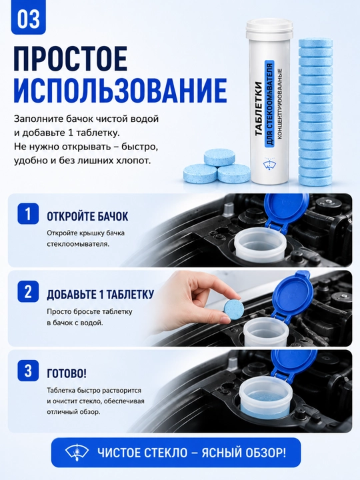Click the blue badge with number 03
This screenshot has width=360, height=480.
click(x=29, y=19)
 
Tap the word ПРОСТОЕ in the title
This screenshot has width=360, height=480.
click(x=70, y=59)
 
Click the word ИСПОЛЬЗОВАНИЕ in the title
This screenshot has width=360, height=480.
click(x=120, y=90)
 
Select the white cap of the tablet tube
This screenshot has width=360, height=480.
click(x=269, y=26)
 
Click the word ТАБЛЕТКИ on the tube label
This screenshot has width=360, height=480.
click(x=259, y=109)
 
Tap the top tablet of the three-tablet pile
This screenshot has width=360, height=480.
click(x=219, y=158)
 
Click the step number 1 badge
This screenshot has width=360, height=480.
click(x=28, y=213)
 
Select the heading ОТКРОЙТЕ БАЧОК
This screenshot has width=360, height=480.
click(x=87, y=217)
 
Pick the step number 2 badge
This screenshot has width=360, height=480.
click(x=28, y=291)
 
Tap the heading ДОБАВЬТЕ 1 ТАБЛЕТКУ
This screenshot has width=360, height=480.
click(x=100, y=294)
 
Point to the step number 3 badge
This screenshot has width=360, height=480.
click(x=28, y=371)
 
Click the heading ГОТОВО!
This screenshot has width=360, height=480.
click(x=67, y=373)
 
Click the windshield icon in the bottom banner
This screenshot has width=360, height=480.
click(x=77, y=453)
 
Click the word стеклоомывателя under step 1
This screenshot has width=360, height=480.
click(x=78, y=244)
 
